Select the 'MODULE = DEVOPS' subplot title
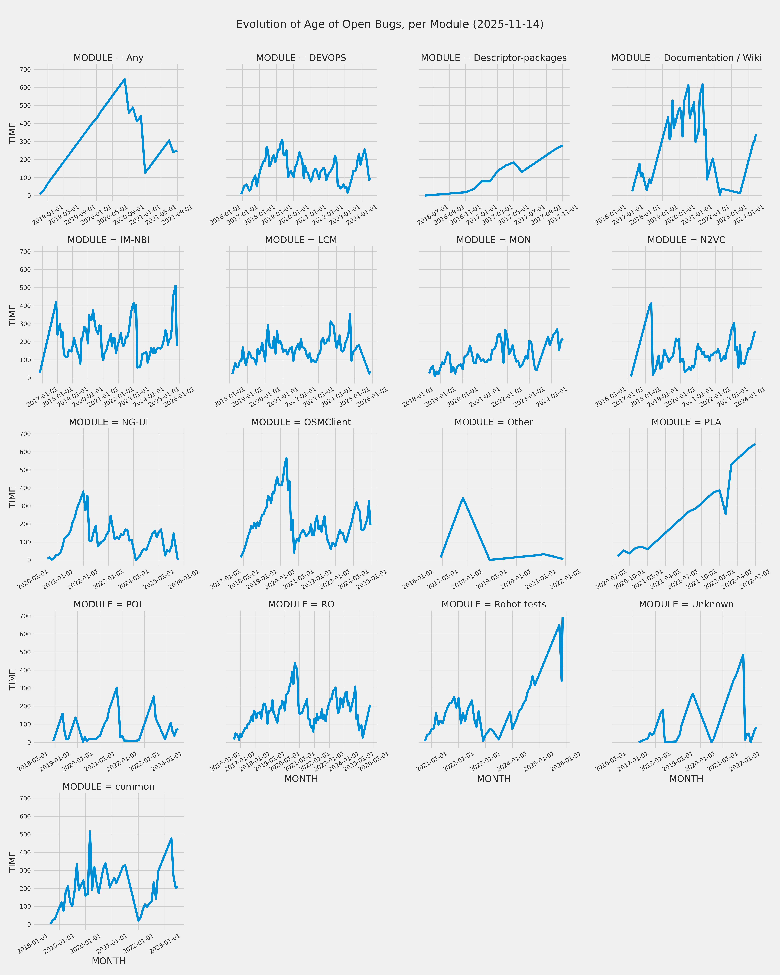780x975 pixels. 301,58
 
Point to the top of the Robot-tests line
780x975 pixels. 563,618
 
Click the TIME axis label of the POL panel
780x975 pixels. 13,679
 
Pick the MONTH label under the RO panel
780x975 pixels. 301,779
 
